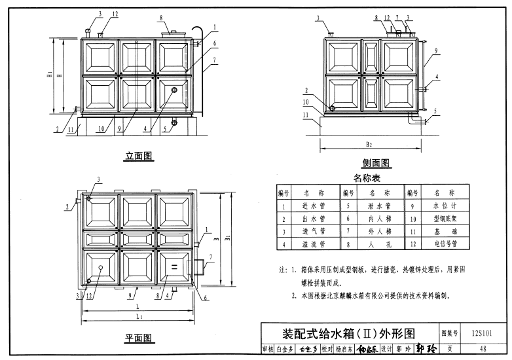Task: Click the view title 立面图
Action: click(x=139, y=156)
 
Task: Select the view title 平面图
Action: click(x=139, y=338)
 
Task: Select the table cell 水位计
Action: click(x=444, y=206)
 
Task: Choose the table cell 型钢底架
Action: click(x=444, y=219)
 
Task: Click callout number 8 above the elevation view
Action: click(x=160, y=15)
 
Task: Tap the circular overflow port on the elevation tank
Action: click(x=175, y=90)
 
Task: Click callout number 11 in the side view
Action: click(x=306, y=115)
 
